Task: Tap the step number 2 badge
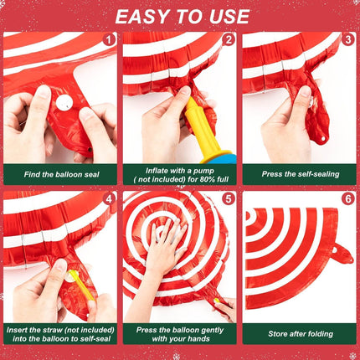tap(228, 39)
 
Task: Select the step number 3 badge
tap(347, 39)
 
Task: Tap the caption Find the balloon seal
tap(60, 173)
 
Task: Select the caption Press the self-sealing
tap(299, 173)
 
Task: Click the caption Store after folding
tap(299, 333)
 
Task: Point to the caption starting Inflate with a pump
tap(180, 173)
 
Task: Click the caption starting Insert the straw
tap(60, 333)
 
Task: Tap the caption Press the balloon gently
tap(180, 333)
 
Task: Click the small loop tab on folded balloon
tap(341, 252)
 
